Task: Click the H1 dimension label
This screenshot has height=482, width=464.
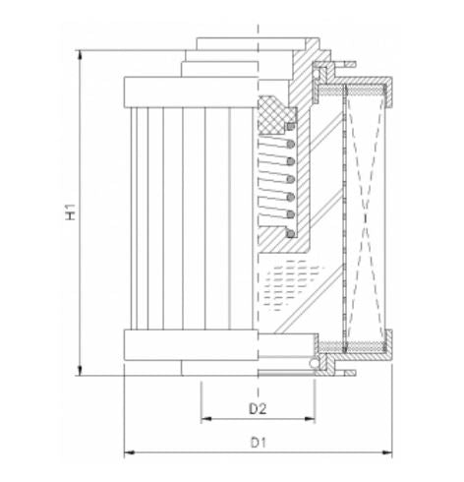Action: coord(70,211)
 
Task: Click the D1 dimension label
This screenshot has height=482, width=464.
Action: coord(258,443)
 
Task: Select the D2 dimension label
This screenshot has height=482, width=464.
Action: coord(258,406)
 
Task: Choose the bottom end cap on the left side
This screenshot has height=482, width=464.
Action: coord(187,345)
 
